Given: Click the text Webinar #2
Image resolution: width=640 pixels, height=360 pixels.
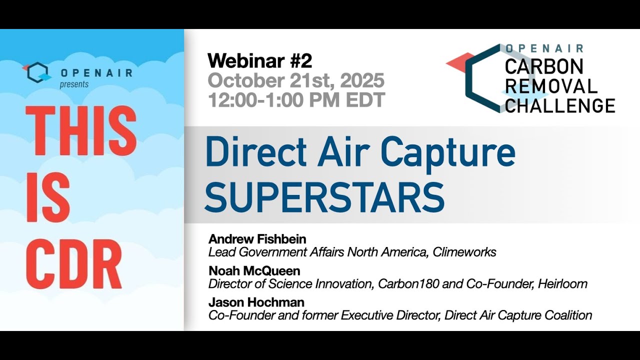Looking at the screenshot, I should click(x=259, y=61).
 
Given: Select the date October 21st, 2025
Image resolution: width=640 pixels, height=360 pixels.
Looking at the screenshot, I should click(x=296, y=80).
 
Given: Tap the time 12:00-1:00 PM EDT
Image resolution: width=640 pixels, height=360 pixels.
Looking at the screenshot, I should click(x=296, y=100).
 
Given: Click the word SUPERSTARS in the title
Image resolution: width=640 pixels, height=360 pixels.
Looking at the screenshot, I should click(x=324, y=197).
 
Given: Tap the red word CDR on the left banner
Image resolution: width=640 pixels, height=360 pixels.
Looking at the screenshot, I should click(x=74, y=263).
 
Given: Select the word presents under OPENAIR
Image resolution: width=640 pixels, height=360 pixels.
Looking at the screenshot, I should click(x=74, y=84).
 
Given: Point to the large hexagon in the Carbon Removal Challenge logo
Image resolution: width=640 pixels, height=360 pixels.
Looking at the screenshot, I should click(x=482, y=77).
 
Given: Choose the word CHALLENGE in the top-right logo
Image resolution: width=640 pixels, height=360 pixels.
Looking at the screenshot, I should click(x=560, y=105).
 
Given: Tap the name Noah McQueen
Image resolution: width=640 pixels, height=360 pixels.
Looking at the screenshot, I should click(x=254, y=271).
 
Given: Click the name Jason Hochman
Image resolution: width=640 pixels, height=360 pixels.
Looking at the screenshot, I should click(x=256, y=302).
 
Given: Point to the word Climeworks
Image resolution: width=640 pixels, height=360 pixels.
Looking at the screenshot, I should click(x=464, y=252).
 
